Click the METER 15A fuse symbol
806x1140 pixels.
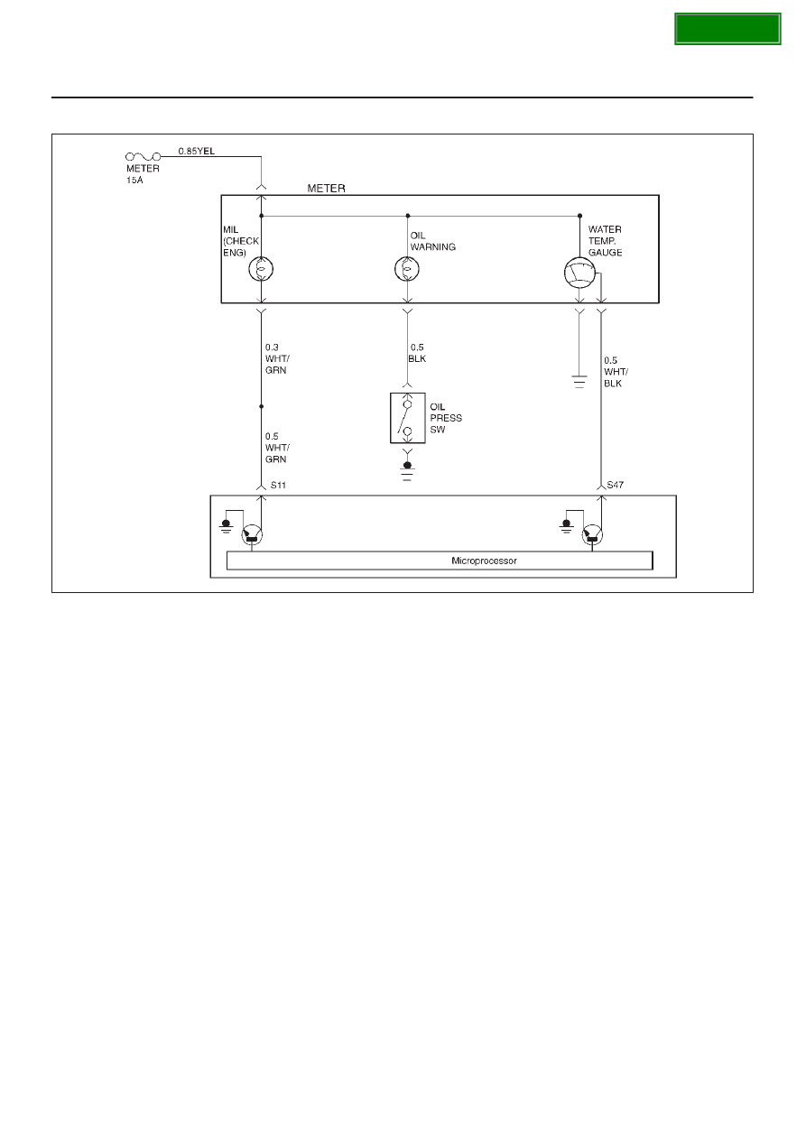click(143, 156)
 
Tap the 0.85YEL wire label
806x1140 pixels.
click(197, 151)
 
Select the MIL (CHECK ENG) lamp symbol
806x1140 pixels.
click(261, 269)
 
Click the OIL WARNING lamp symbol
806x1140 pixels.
click(407, 269)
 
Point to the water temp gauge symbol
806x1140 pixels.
click(579, 273)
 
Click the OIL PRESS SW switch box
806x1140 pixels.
click(408, 418)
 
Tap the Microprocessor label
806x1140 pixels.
click(484, 561)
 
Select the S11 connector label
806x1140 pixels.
click(278, 485)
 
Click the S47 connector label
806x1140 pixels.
click(616, 485)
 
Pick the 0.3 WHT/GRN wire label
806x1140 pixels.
click(277, 359)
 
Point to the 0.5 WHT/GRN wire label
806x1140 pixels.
click(277, 448)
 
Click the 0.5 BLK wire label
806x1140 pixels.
click(417, 353)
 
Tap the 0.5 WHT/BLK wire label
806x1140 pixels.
click(616, 372)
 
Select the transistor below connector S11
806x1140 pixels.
click(252, 535)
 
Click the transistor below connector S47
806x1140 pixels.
click(592, 535)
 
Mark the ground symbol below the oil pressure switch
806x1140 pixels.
click(407, 471)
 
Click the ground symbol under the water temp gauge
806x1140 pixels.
click(579, 382)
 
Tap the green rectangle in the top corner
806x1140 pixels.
click(727, 29)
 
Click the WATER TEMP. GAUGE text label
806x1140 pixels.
click(605, 241)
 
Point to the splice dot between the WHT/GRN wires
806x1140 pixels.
click(261, 406)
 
